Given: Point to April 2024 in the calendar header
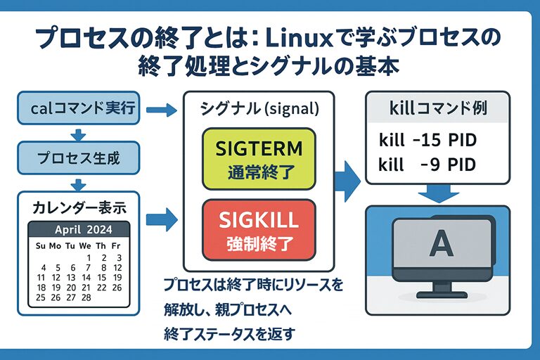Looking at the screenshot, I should coord(79,230).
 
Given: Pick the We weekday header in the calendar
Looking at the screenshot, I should coord(86,245).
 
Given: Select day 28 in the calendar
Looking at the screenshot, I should coord(86,297).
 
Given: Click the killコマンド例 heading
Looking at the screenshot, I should coord(437,109).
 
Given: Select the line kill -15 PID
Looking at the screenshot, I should coord(428,141).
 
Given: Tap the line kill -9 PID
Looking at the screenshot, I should coord(428,165).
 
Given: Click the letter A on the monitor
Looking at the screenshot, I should coord(441,243).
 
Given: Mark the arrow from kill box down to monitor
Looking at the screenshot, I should coord(437,193).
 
